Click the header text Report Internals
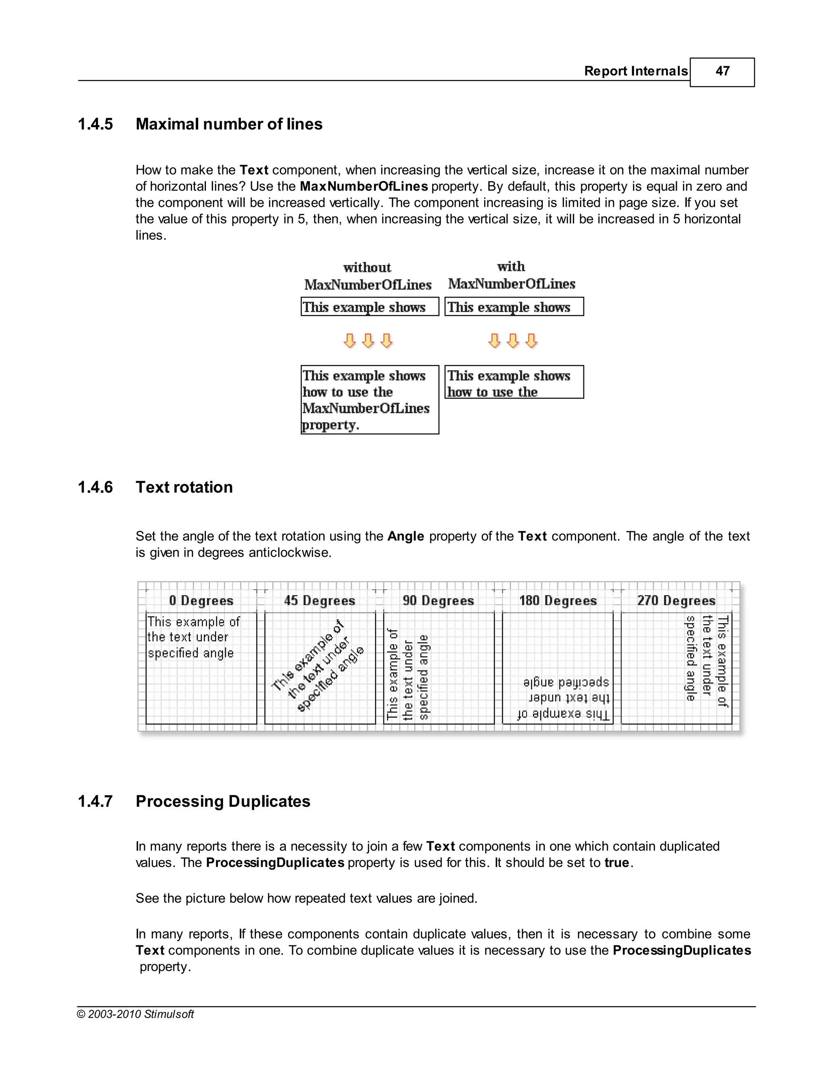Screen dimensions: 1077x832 pos(635,71)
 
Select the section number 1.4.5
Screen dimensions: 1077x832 pos(95,124)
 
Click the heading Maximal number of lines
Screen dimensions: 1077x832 pos(229,124)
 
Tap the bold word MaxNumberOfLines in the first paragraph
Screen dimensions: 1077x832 pos(363,187)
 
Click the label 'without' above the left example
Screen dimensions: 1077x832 pos(367,267)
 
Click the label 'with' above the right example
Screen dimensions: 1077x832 pos(511,266)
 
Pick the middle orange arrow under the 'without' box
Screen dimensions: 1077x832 pos(368,340)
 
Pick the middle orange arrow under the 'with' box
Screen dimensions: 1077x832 pos(513,340)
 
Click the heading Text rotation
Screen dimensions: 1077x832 pos(184,487)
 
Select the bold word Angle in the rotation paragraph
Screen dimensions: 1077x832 pos(406,536)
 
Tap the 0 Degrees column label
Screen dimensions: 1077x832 pos(201,601)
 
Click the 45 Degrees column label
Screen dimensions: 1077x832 pos(319,601)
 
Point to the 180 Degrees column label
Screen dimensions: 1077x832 pos(557,601)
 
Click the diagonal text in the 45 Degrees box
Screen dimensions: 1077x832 pos(318,666)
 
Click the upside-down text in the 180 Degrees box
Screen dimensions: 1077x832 pos(565,698)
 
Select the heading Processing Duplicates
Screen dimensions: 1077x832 pos(223,801)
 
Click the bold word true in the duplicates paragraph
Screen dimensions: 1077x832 pos(617,862)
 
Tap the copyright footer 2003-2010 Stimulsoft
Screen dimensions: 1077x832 pos(136,1014)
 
